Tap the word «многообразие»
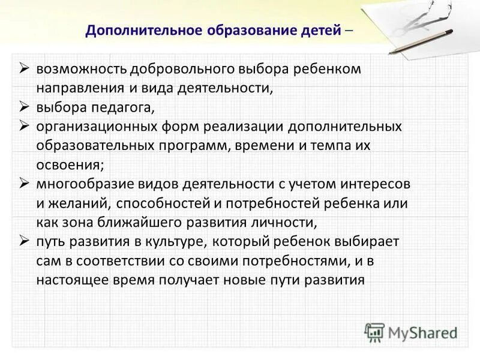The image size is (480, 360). pyautogui.click(x=79, y=184)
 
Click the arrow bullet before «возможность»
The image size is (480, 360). pyautogui.click(x=24, y=69)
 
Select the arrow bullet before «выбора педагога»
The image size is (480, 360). pyautogui.click(x=24, y=107)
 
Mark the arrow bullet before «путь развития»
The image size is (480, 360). pyautogui.click(x=24, y=241)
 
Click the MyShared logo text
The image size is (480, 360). pyautogui.click(x=422, y=332)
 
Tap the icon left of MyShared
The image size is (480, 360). pyautogui.click(x=374, y=332)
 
